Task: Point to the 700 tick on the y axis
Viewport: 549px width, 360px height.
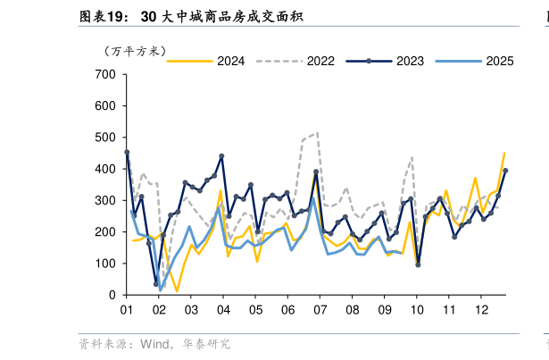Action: pos(104,74)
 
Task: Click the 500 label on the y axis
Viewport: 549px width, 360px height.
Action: pos(104,137)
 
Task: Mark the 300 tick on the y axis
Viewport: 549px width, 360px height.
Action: pos(104,200)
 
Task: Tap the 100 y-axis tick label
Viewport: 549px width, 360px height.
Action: pos(104,264)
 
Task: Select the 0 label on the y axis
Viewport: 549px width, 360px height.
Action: pos(112,295)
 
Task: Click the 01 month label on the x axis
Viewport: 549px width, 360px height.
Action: pos(127,310)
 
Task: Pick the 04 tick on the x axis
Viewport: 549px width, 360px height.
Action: pos(223,310)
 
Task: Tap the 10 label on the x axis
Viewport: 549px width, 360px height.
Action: pos(417,310)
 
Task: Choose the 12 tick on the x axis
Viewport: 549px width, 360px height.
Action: pos(481,310)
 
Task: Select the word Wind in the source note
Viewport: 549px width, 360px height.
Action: pos(156,344)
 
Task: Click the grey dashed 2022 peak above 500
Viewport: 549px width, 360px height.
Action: pos(317,132)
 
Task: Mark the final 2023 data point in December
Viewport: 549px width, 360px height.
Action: pos(505,171)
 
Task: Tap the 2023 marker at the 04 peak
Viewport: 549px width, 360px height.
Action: pos(221,156)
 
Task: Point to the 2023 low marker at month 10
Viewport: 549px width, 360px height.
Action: pos(418,264)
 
